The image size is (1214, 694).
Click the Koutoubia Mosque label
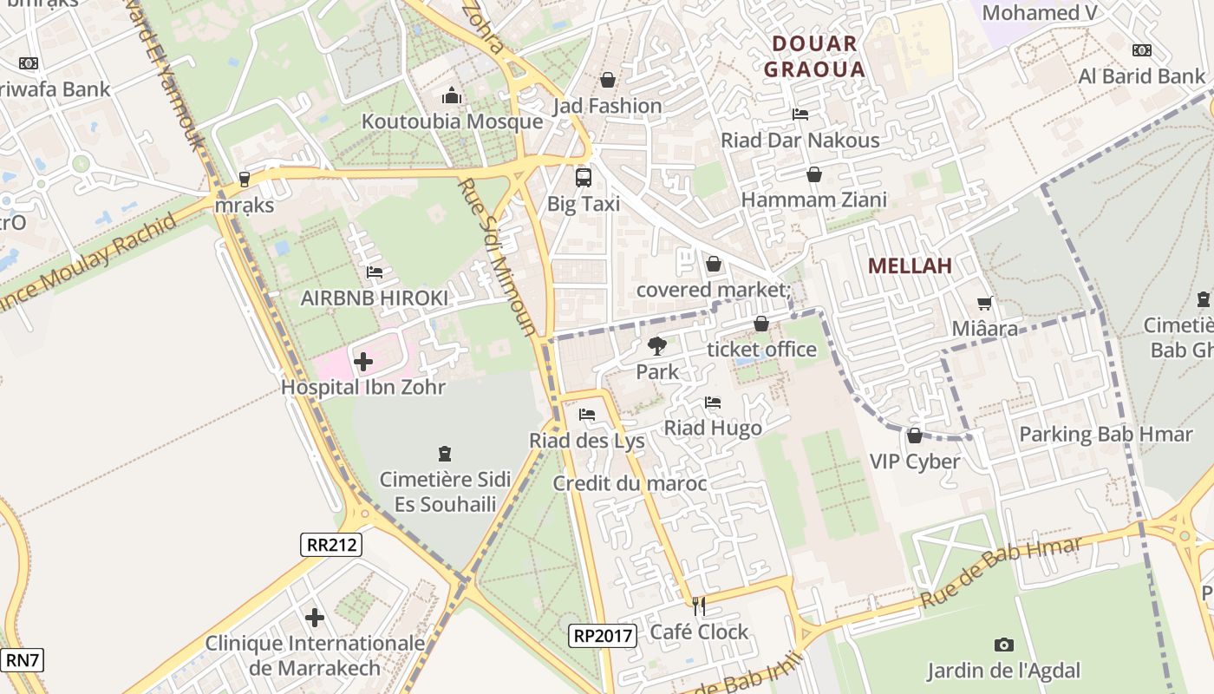point(452,121)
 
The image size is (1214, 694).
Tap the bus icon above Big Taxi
point(584,178)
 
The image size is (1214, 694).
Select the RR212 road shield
point(332,545)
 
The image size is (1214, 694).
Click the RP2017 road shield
point(604,635)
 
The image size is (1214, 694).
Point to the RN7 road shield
point(22,660)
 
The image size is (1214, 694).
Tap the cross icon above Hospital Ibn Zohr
point(363,361)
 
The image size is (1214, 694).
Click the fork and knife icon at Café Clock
point(699,606)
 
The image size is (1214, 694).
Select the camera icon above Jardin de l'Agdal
point(1003,645)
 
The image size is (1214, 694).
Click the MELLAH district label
point(910,266)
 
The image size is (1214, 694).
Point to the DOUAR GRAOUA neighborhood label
point(814,56)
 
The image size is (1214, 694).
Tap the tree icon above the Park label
point(657,346)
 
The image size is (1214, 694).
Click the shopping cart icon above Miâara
point(984,303)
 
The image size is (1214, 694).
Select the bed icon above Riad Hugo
point(713,402)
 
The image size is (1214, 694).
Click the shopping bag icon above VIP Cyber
point(914,435)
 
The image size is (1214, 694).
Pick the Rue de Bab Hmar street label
point(1001,572)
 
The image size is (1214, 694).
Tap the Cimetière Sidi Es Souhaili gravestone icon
point(445,453)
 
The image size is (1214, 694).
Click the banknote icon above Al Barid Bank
point(1141,50)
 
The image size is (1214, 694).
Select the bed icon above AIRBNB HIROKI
point(375,272)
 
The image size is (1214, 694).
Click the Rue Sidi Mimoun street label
point(496,257)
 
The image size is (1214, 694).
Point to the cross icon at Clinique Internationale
point(315,618)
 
